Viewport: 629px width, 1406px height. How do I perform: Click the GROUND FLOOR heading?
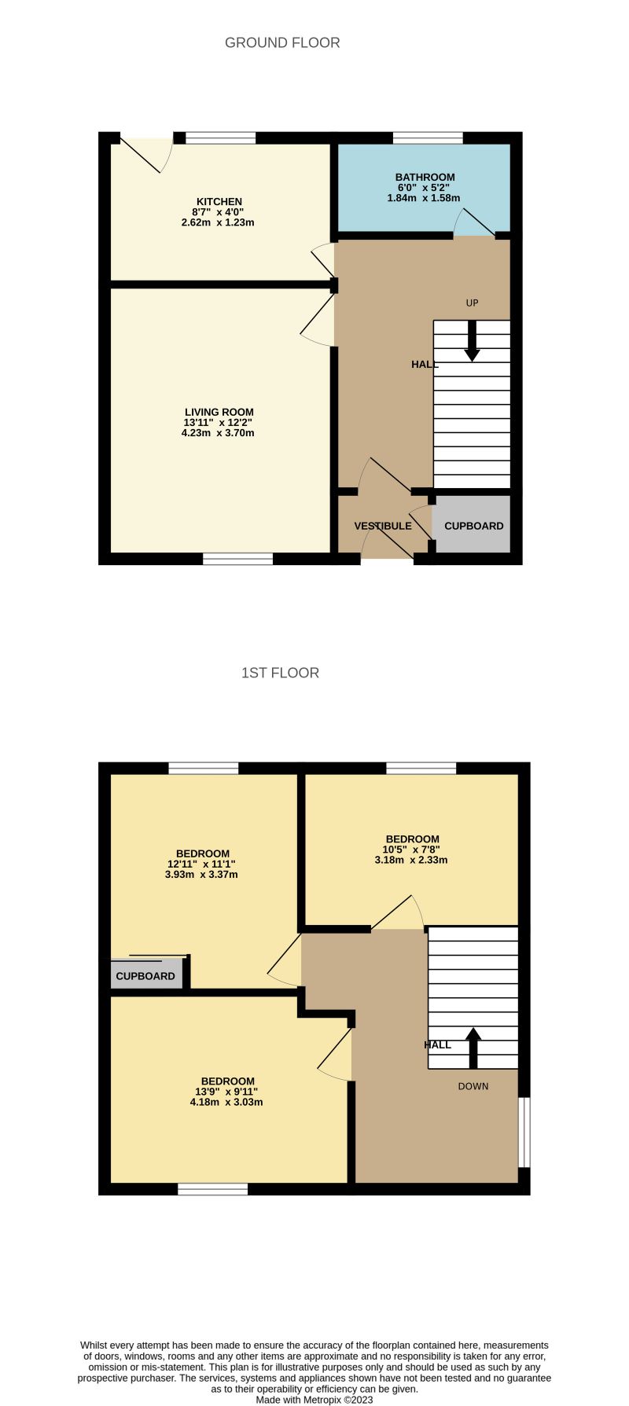[282, 42]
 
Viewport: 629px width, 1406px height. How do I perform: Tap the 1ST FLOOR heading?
[280, 673]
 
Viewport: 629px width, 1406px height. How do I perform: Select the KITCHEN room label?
[219, 202]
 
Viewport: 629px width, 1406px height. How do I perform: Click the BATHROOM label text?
[425, 178]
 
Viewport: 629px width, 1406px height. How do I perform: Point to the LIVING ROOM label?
[219, 412]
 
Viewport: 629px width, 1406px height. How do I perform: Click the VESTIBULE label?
[383, 526]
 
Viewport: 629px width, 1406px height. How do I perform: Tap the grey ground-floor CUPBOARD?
[473, 526]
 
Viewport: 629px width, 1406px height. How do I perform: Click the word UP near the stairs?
[472, 303]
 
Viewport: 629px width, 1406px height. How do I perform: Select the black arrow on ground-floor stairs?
[472, 343]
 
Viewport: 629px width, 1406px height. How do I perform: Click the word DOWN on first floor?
[473, 1086]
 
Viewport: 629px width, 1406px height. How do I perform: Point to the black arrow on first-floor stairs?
[473, 1048]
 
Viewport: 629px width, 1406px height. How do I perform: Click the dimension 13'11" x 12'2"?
[219, 423]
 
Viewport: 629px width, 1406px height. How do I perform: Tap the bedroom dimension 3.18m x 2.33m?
[411, 860]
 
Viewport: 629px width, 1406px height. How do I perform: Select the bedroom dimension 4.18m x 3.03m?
[226, 1102]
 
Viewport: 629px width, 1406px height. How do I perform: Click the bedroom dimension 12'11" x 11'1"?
[202, 864]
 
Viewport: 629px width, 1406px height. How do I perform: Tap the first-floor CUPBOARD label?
[145, 976]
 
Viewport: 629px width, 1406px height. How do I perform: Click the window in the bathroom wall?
[428, 138]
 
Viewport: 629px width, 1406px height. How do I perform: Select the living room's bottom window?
[237, 559]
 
